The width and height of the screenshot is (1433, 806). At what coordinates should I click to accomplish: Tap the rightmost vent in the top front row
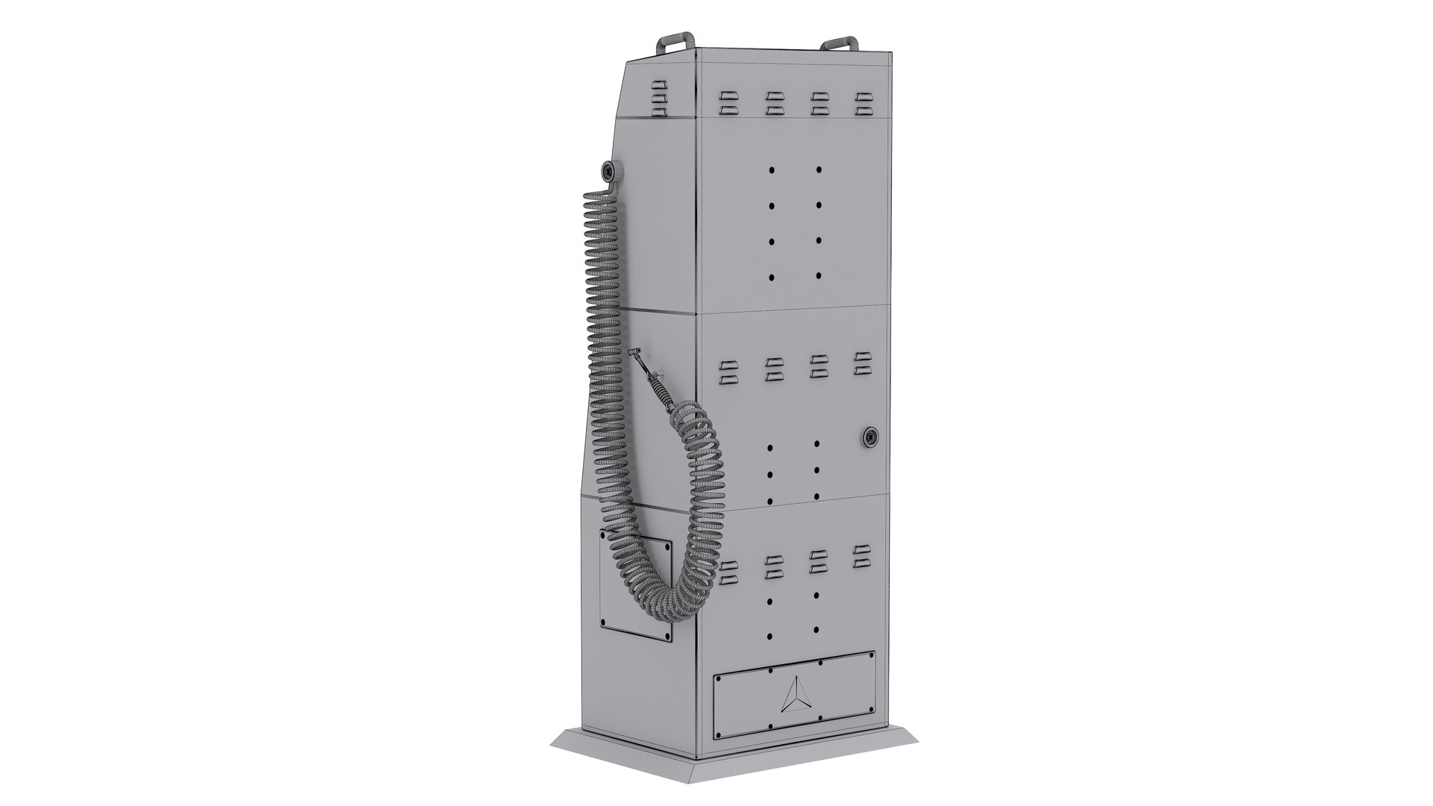864,104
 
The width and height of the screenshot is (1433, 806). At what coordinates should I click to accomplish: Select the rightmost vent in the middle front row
863,363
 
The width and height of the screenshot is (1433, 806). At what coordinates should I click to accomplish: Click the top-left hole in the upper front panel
772,170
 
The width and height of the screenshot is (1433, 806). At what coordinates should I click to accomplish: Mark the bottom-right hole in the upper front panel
819,276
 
